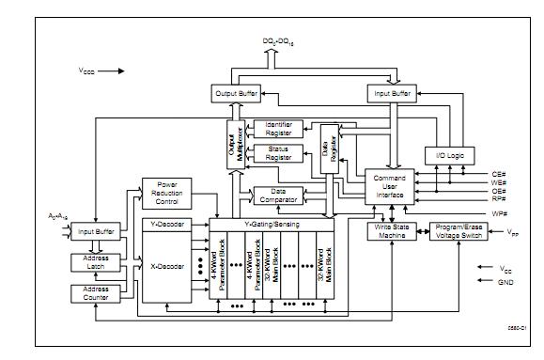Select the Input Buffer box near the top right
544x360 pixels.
click(392, 94)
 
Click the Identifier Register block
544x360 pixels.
click(278, 129)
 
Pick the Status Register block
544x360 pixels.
click(278, 152)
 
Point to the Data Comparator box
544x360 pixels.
click(277, 195)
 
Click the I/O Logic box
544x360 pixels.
click(447, 154)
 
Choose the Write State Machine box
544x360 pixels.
click(391, 230)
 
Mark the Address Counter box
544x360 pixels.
click(97, 293)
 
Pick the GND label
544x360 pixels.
click(505, 281)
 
